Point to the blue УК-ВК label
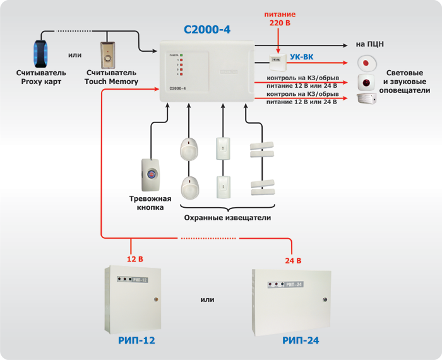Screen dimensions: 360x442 click(302, 57)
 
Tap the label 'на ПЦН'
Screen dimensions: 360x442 click(370, 44)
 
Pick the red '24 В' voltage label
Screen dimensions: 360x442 click(293, 260)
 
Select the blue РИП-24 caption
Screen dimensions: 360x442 click(301, 341)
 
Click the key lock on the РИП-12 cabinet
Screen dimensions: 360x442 click(154, 299)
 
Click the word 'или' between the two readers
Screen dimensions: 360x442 click(75, 55)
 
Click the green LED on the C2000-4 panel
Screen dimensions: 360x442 click(181, 56)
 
